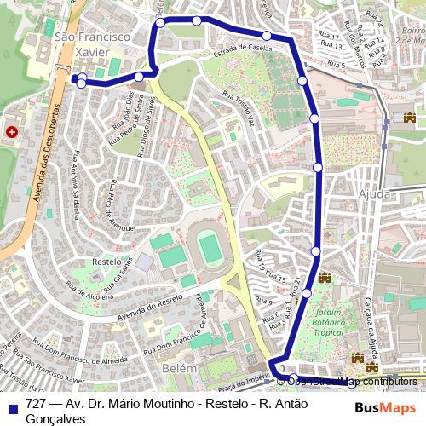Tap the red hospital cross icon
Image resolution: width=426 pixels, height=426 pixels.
[13, 131]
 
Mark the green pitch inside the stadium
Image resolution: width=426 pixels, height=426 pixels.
[209, 249]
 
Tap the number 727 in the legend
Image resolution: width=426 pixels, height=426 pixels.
[36, 402]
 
